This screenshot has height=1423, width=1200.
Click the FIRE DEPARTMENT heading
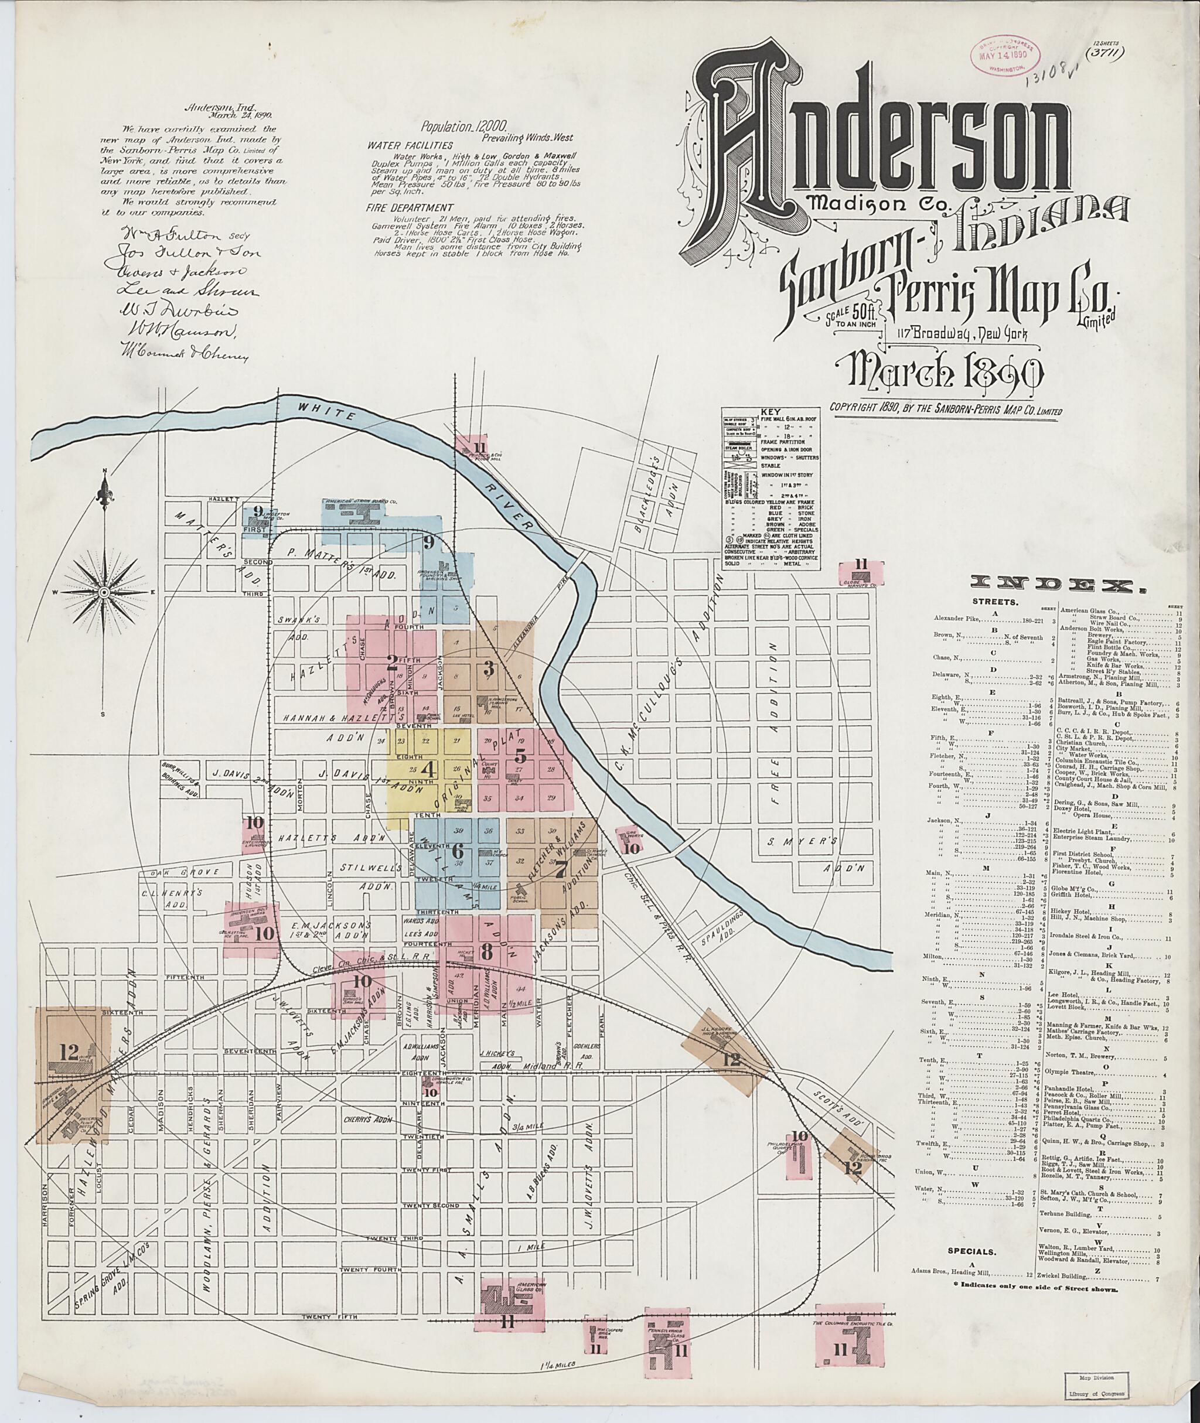(x=400, y=207)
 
